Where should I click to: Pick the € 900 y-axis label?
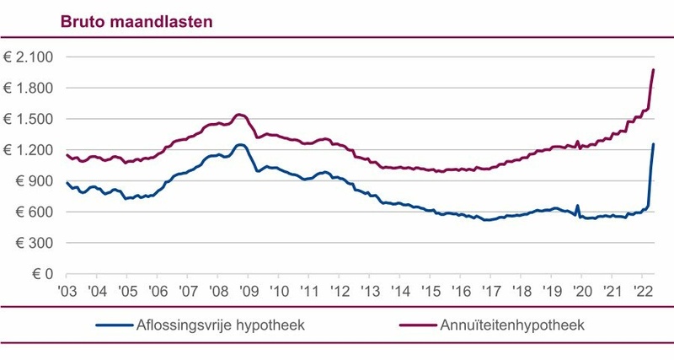[x=33, y=181]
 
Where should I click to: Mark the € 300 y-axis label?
[x=33, y=243]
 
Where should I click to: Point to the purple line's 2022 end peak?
[x=653, y=69]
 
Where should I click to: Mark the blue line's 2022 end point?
[x=653, y=144]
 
